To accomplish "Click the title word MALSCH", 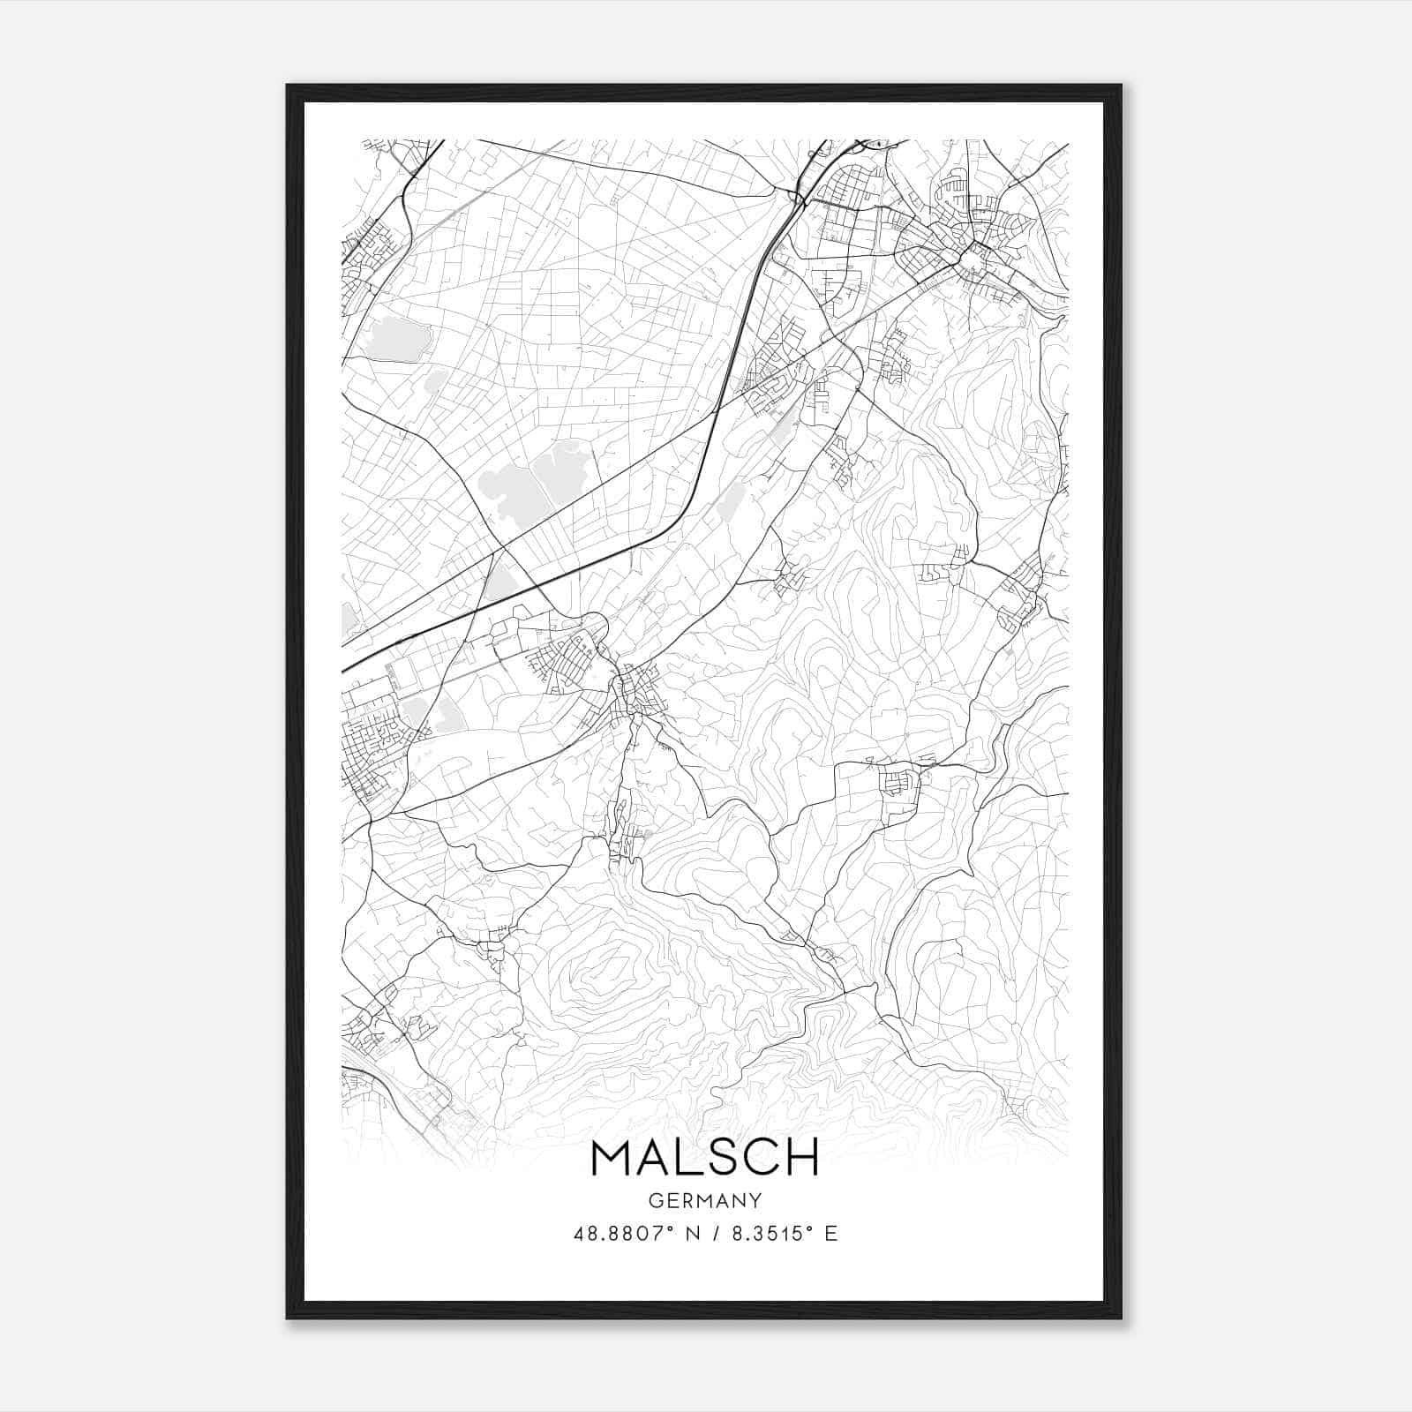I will pyautogui.click(x=705, y=1158).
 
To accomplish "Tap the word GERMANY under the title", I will pyautogui.click(x=705, y=1200).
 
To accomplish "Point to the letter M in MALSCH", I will pyautogui.click(x=612, y=1158).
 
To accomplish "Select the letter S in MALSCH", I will pyautogui.click(x=720, y=1158).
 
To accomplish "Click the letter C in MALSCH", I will pyautogui.click(x=759, y=1158).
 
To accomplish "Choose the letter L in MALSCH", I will pyautogui.click(x=687, y=1158).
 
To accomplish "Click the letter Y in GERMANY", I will pyautogui.click(x=755, y=1200).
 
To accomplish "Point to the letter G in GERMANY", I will pyautogui.click(x=655, y=1200).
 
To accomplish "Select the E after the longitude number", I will pyautogui.click(x=830, y=1234).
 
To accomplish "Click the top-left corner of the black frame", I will pyautogui.click(x=289, y=86).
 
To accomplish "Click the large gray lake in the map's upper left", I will pyautogui.click(x=396, y=339).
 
